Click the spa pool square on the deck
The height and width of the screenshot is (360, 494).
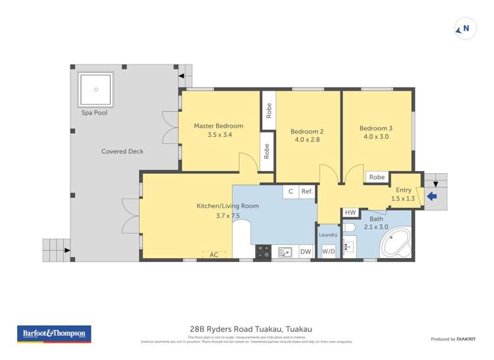tap(96, 90)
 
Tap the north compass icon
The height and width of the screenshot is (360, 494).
tap(465, 29)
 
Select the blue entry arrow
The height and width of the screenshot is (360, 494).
tap(432, 196)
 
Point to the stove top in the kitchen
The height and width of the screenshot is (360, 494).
tap(263, 251)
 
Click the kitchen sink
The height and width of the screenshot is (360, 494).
tap(286, 251)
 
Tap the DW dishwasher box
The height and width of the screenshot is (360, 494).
tap(306, 251)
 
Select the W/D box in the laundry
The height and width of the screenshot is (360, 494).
tap(328, 251)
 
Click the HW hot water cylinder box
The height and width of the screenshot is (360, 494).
tap(350, 213)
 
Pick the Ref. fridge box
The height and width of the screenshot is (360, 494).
tap(307, 192)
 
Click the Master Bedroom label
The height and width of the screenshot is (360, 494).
tap(218, 126)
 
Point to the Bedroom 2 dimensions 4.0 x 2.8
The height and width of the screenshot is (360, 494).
tap(307, 140)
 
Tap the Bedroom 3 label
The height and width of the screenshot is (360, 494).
tap(375, 128)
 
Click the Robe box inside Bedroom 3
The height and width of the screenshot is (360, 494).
tap(377, 177)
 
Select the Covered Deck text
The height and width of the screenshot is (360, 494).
tap(122, 151)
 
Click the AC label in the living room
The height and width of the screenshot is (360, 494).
tap(213, 254)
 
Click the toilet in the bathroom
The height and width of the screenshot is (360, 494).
tap(350, 228)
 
